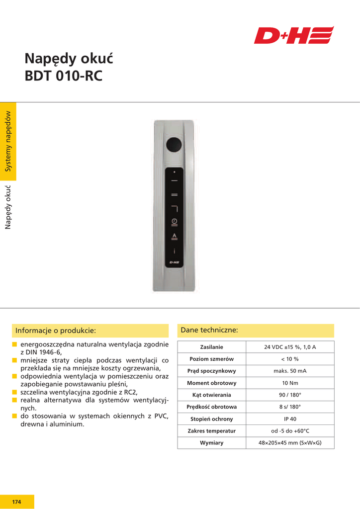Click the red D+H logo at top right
point(293,35)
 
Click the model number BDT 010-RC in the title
point(64,77)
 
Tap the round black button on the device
point(174,144)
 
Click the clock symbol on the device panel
point(174,221)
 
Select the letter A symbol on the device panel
point(174,236)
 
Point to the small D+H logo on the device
point(174,262)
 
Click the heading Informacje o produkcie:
point(56,331)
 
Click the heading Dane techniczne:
point(209,330)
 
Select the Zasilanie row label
point(211,347)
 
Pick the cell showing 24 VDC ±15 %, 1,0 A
point(290,347)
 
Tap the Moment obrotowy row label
point(211,383)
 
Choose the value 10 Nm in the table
point(290,383)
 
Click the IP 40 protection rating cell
point(290,419)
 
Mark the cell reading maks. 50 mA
point(290,371)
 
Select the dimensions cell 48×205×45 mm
point(290,443)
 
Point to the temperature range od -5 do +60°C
point(290,431)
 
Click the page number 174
point(17,502)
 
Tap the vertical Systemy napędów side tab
point(8,142)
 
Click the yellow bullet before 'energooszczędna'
point(15,344)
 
